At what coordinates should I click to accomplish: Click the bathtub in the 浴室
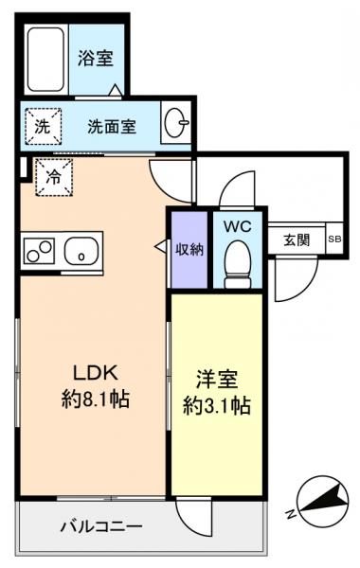pos(46,58)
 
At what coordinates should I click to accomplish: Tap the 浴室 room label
pos(96,59)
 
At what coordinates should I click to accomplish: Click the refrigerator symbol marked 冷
pos(52,177)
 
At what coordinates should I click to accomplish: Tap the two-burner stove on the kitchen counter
pos(41,253)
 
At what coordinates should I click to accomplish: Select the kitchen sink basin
pos(81,253)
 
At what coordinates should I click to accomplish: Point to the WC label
pos(236,226)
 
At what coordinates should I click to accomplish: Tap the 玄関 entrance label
pos(296,240)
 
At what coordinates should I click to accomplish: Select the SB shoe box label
pos(334,240)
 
